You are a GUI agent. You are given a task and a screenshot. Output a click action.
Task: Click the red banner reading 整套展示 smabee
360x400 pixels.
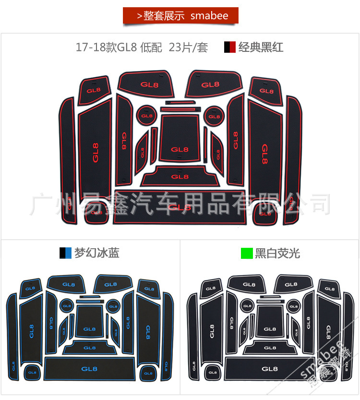(x=180, y=16)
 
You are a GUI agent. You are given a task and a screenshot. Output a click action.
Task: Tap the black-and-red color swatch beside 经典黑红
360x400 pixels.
(x=229, y=47)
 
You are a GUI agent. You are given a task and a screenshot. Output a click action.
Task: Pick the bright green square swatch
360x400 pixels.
(x=247, y=253)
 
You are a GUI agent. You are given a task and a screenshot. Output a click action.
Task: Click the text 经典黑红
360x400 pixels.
(x=261, y=47)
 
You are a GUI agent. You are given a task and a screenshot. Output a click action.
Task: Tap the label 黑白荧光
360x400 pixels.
(x=277, y=253)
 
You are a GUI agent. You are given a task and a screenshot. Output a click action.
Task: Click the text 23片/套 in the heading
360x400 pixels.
(x=189, y=48)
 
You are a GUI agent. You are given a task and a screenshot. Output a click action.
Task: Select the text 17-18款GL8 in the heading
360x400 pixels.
(x=107, y=48)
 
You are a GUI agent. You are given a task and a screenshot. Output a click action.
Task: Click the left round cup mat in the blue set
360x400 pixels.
(x=66, y=304)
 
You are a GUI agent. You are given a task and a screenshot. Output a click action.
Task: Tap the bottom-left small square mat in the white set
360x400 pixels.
(x=212, y=372)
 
